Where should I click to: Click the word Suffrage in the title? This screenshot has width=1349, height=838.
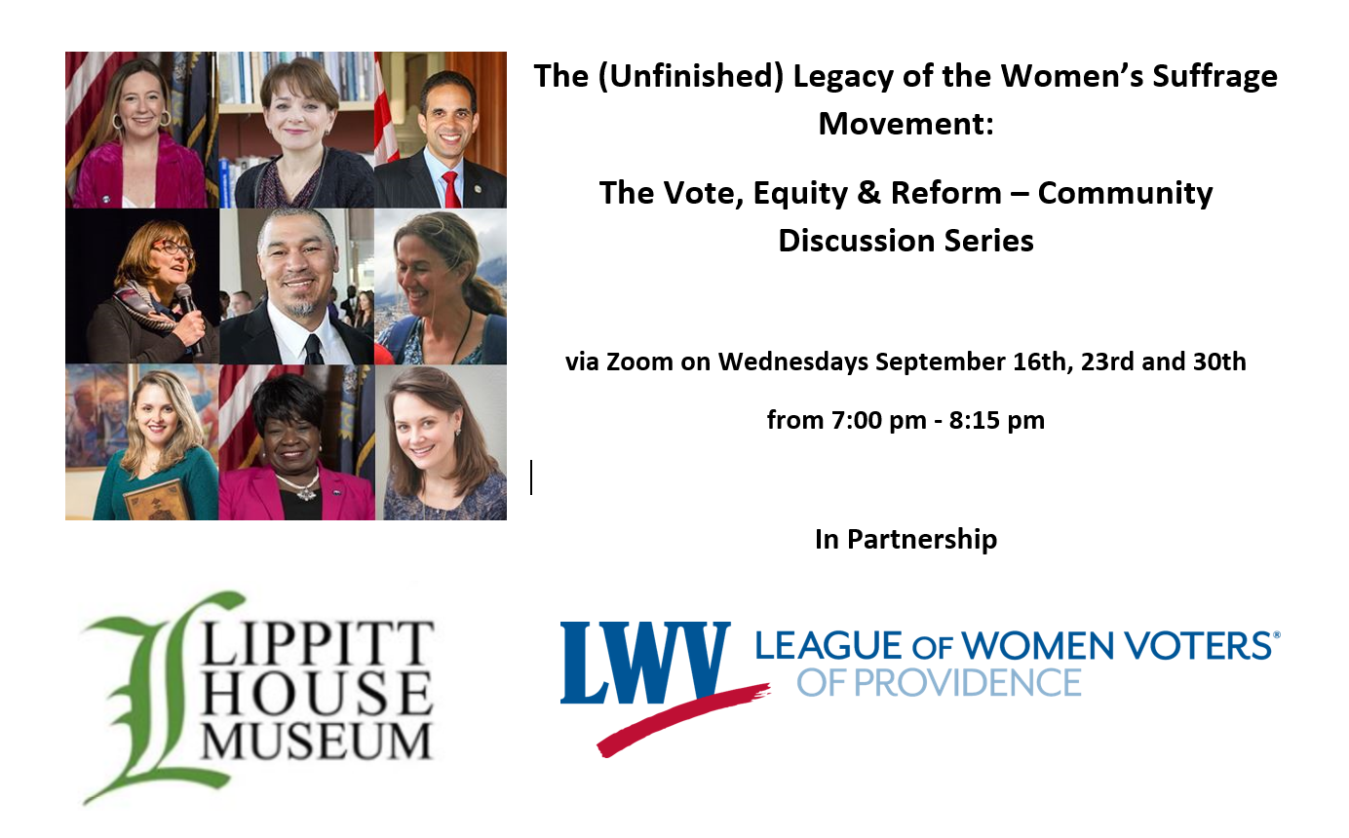pyautogui.click(x=1214, y=77)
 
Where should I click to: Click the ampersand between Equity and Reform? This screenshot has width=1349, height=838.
pyautogui.click(x=869, y=193)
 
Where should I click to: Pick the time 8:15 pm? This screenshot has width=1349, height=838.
pyautogui.click(x=997, y=420)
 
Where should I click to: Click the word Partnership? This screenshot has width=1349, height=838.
pyautogui.click(x=922, y=540)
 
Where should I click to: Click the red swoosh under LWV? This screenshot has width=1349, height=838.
pyautogui.click(x=683, y=720)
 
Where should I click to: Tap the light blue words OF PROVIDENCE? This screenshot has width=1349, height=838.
pyautogui.click(x=939, y=683)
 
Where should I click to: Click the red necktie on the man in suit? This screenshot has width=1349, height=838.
pyautogui.click(x=451, y=188)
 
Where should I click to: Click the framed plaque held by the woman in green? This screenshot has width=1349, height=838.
pyautogui.click(x=158, y=499)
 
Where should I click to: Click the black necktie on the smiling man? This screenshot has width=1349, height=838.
pyautogui.click(x=313, y=349)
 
